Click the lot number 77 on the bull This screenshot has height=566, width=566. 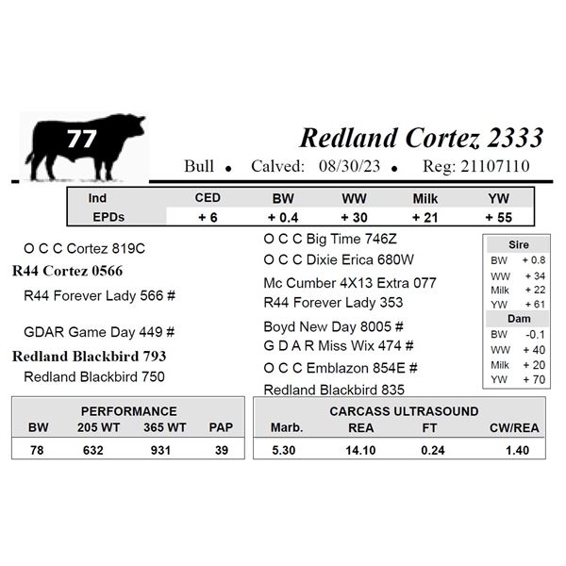(x=81, y=139)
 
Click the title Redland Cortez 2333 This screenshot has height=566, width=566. (x=422, y=139)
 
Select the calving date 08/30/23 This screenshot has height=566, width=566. (x=349, y=166)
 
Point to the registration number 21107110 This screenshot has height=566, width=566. (x=495, y=166)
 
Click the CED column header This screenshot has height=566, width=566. (x=208, y=198)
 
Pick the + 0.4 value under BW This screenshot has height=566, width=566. (x=283, y=218)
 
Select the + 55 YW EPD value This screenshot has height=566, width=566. (x=498, y=218)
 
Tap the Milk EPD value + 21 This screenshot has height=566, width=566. (x=424, y=218)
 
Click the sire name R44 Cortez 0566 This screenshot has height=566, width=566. (x=68, y=271)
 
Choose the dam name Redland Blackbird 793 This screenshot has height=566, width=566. (x=90, y=357)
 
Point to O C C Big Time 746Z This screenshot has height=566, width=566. (x=330, y=239)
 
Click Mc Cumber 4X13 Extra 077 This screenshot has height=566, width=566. (x=350, y=283)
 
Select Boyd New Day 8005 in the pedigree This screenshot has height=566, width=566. (x=327, y=326)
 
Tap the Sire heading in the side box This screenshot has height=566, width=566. (x=518, y=245)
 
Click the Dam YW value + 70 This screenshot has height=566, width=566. (x=534, y=380)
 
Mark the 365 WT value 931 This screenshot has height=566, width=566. (x=160, y=451)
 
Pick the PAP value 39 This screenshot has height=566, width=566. (x=222, y=451)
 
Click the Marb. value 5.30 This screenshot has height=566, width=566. (x=283, y=451)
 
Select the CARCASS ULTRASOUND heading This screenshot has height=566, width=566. (x=404, y=411)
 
